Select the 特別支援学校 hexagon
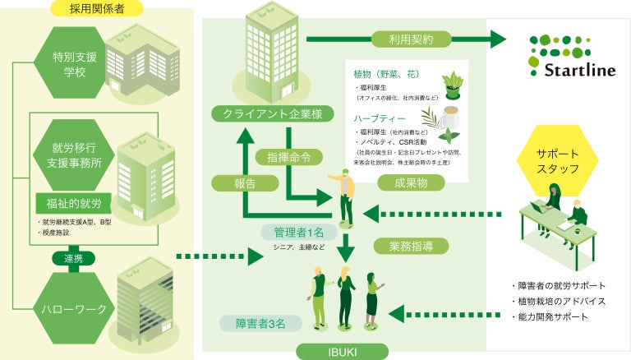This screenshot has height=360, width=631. (x=69, y=63)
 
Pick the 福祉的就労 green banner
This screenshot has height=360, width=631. (x=69, y=202)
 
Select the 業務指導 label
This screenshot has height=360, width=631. (x=400, y=245)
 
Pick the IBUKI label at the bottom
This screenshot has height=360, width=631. (x=338, y=351)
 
